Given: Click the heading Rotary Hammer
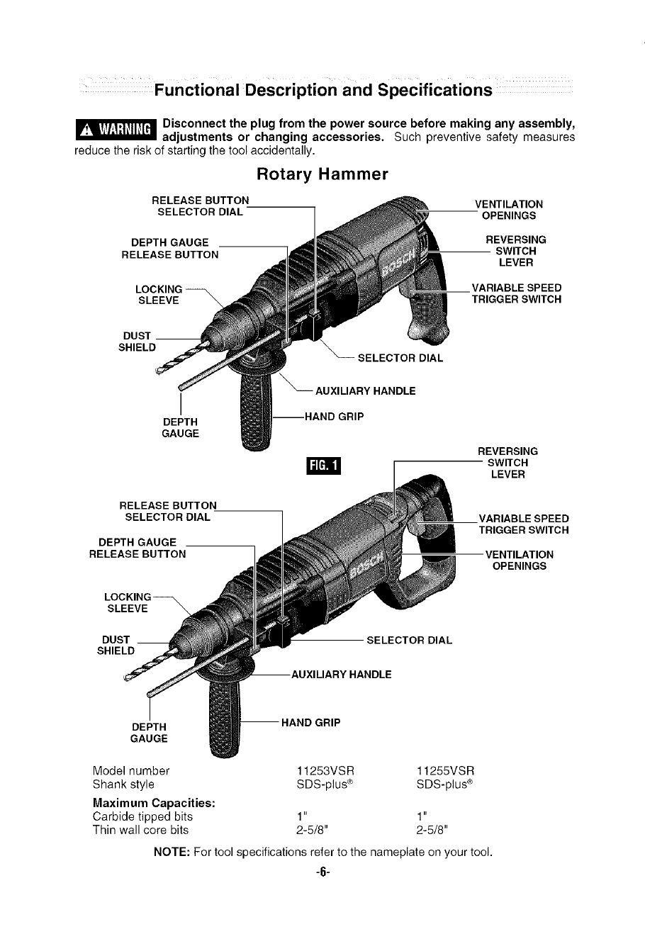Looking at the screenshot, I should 322,174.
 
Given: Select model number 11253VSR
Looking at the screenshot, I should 324,770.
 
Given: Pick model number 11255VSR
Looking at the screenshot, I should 445,770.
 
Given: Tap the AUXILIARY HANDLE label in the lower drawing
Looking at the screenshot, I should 341,674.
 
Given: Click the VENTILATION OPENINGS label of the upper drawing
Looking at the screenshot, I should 508,210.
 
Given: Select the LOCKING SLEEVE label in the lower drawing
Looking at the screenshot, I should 128,602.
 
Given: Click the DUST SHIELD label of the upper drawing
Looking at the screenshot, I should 137,341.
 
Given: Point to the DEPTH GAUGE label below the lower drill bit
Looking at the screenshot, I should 149,733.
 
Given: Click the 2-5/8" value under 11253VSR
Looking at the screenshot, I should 313,830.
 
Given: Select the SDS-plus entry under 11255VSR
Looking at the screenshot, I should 444,784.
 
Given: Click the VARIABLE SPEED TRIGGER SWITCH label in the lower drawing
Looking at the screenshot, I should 523,524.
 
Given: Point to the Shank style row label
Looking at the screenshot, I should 123,784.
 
